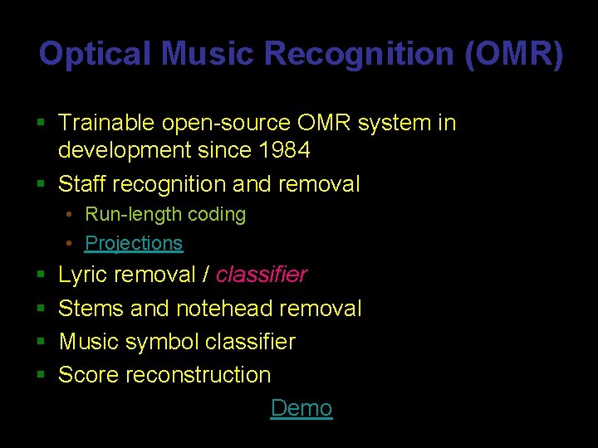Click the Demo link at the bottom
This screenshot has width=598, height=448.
[301, 408]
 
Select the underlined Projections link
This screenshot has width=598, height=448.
[134, 243]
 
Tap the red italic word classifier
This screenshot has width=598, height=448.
[262, 275]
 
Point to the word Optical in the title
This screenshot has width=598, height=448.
[95, 55]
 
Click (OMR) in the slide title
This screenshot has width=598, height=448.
[514, 55]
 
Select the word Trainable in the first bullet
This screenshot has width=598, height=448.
[106, 123]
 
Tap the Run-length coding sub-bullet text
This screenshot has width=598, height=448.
[165, 214]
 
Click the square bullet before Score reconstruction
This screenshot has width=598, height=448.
[41, 375]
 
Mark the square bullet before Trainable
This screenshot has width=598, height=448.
[41, 124]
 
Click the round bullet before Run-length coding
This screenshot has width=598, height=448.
[71, 215]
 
